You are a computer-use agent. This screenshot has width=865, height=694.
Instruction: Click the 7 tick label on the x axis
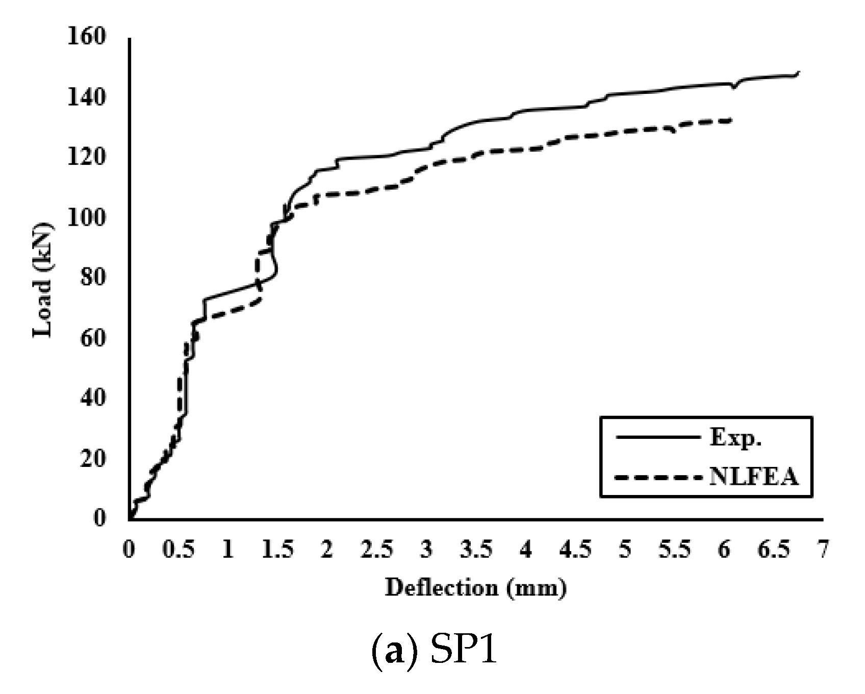click(823, 551)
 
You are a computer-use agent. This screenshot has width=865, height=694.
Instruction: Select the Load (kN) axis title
click(43, 280)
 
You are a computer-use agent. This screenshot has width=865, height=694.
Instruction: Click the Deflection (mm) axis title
click(475, 588)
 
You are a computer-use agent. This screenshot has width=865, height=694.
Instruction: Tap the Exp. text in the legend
click(735, 437)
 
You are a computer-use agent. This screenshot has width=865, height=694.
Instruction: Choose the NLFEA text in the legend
click(753, 477)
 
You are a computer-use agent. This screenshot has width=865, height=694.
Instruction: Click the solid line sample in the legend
click(656, 437)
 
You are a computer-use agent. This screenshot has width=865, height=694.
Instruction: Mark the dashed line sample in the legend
click(656, 478)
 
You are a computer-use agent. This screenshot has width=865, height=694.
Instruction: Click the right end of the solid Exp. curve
click(799, 72)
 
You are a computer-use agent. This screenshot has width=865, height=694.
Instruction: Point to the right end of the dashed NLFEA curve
click(731, 120)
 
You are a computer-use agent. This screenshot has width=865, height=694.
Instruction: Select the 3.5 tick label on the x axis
click(476, 551)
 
